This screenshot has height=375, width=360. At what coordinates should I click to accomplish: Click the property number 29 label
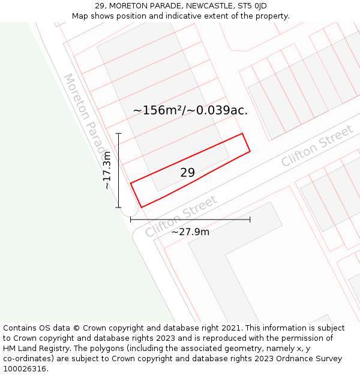pyautogui.click(x=187, y=173)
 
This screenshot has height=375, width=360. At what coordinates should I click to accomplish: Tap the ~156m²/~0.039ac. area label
pyautogui.click(x=190, y=110)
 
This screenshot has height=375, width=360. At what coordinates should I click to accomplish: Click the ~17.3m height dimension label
pyautogui.click(x=107, y=170)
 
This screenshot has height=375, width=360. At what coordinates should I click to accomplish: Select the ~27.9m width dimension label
pyautogui.click(x=190, y=232)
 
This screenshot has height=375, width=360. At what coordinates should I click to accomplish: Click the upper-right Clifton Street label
pyautogui.click(x=317, y=146)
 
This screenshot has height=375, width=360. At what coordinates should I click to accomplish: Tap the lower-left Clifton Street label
pyautogui.click(x=180, y=216)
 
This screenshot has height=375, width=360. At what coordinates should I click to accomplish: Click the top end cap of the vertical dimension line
pyautogui.click(x=119, y=133)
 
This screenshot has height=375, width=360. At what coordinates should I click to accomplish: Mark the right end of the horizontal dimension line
pyautogui.click(x=250, y=220)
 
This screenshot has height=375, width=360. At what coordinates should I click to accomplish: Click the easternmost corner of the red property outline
pyautogui.click(x=250, y=151)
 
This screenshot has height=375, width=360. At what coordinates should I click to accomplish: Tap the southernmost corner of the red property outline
pyautogui.click(x=141, y=208)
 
